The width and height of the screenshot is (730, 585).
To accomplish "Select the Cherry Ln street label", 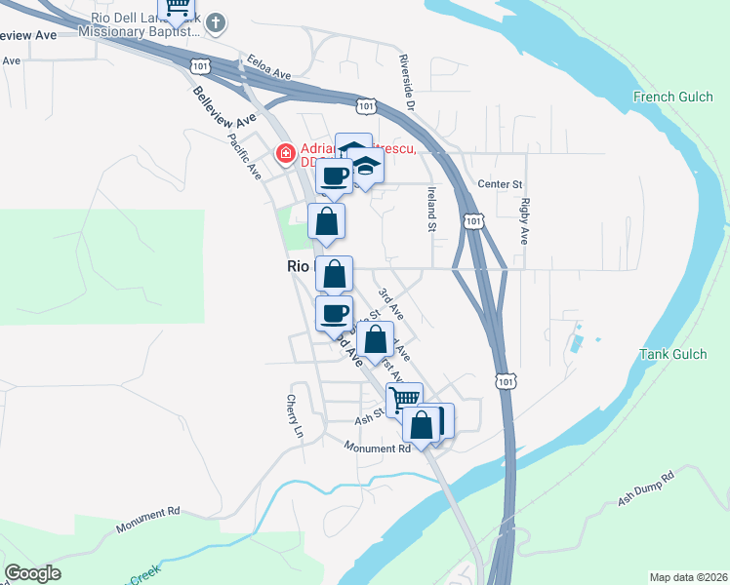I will pos(295,415).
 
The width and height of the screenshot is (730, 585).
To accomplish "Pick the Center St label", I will pos(501,183).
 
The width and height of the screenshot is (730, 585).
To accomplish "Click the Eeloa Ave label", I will pos(269,65).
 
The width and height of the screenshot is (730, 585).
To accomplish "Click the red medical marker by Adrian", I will pos(286,154).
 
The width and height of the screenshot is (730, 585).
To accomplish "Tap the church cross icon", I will pos(218,21).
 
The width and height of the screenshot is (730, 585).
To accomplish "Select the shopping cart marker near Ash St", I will pos(403,398).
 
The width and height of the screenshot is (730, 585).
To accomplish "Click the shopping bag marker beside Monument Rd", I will pos(422,425).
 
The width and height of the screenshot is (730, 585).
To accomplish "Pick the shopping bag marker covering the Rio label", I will pos(334,274).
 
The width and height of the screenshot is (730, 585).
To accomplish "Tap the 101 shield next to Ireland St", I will pos(473,222).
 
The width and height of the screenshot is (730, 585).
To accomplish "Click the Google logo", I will pos(32,573).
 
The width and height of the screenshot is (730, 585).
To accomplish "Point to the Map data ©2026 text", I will pos(687,577).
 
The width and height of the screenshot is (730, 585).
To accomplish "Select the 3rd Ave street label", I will pos(391,305).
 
